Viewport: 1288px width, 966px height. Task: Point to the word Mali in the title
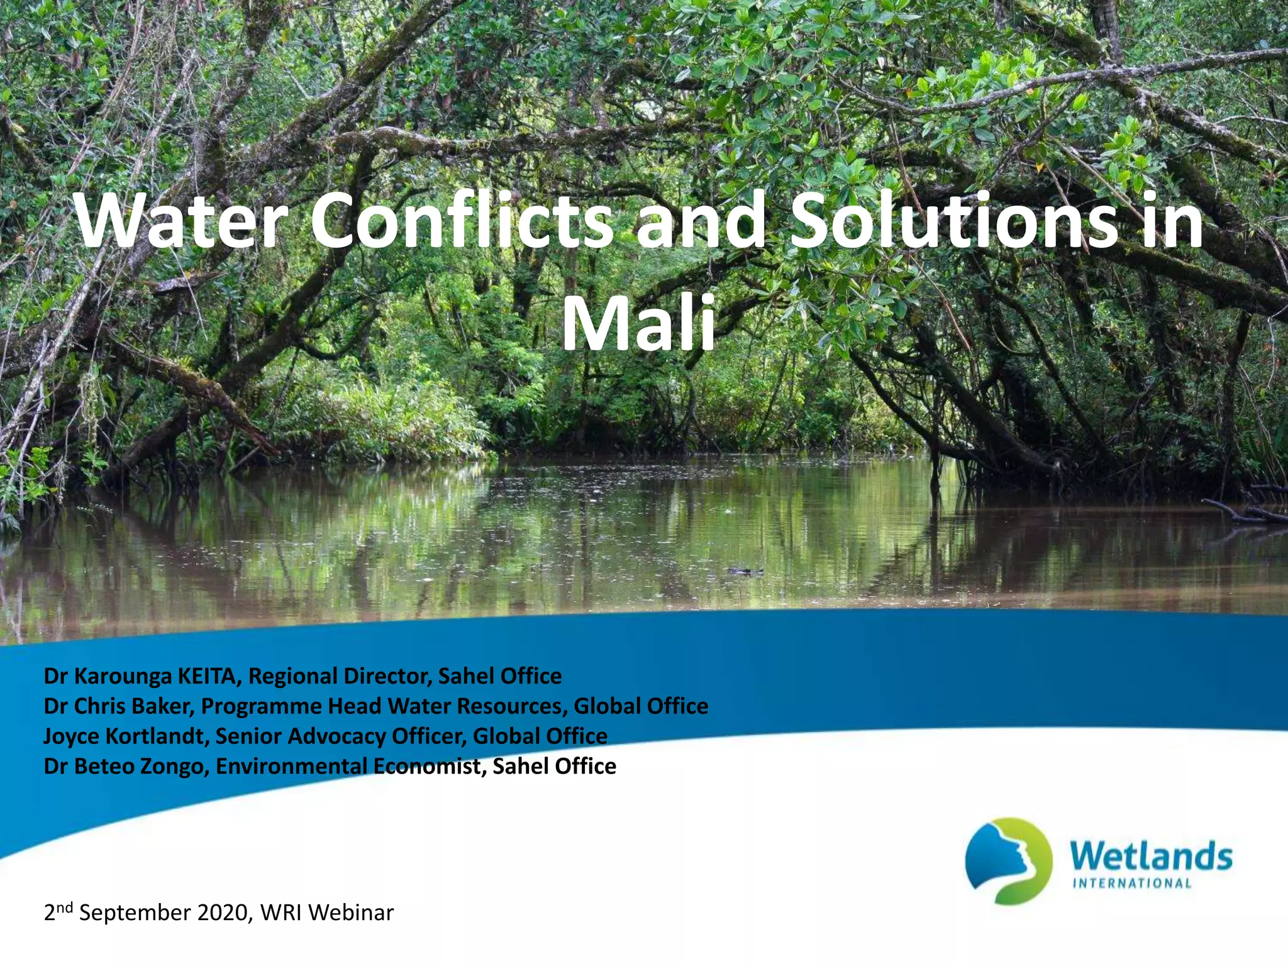[638, 325]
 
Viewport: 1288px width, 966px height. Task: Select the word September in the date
[135, 913]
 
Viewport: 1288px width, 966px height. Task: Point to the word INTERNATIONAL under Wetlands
[1131, 883]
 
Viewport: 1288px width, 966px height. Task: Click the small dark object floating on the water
[746, 571]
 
